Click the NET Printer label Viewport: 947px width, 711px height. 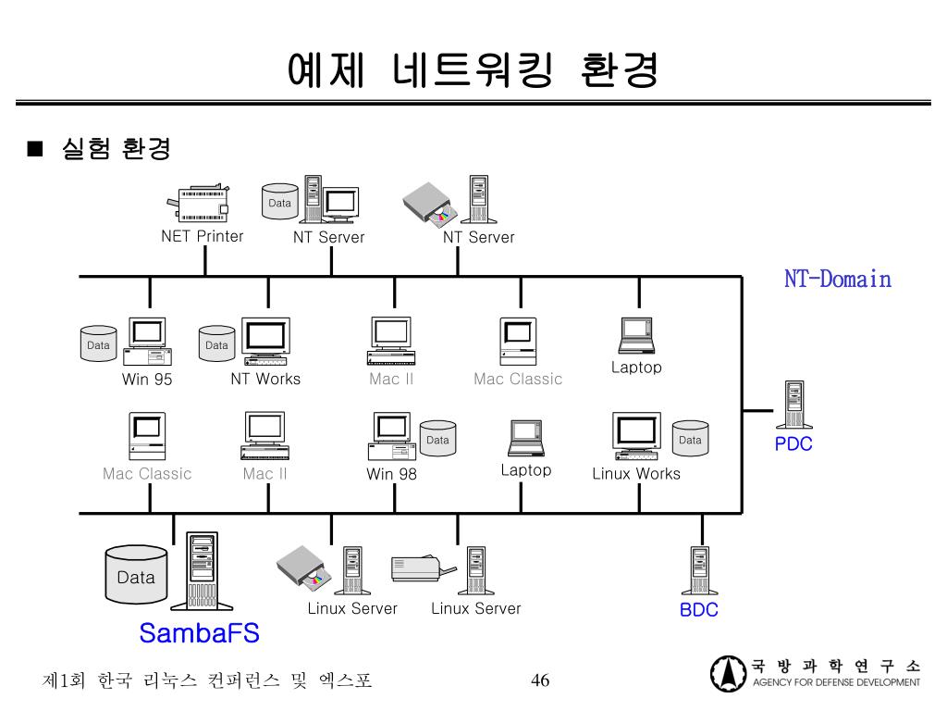point(203,236)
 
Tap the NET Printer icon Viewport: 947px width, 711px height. point(198,203)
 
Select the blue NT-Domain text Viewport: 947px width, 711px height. point(838,279)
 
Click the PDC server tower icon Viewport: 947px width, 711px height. point(793,405)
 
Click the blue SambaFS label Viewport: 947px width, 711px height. point(199,633)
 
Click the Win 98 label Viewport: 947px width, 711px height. point(391,475)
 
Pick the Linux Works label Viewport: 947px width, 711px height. point(636,474)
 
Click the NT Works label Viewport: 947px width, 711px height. point(265,379)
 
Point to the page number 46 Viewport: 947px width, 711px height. point(540,681)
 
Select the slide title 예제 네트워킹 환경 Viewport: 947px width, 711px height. point(473,69)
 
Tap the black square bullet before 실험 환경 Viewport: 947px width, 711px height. point(36,149)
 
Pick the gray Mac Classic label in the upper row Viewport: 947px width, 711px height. point(518,379)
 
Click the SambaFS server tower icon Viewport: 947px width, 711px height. point(202,569)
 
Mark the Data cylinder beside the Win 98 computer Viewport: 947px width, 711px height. point(437,440)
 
